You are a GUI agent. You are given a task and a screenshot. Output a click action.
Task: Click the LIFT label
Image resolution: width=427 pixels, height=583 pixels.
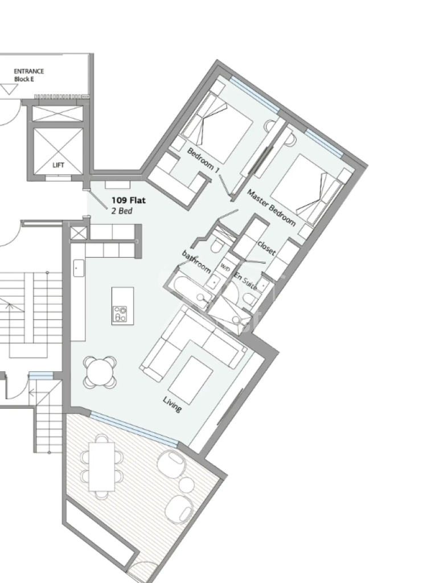coord(59,165)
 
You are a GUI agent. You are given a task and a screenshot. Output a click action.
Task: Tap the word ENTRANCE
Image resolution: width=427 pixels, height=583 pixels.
coord(29,71)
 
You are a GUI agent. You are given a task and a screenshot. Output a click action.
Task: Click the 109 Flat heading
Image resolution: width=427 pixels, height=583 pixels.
coord(129,200)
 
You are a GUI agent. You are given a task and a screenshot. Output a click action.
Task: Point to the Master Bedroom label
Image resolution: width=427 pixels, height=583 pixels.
coord(272,208)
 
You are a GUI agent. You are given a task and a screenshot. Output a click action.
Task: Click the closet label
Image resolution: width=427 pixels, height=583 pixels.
coord(266,248)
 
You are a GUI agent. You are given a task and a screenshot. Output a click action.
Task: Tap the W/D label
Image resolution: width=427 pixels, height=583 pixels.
coord(225,266)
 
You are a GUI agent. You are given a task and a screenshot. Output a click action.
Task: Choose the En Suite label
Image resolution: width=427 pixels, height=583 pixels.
coord(245,281)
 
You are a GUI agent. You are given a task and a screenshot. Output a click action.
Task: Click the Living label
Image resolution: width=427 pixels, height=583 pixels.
coord(173,405)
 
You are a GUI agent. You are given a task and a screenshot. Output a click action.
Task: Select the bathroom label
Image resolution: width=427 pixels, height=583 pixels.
coord(196,261)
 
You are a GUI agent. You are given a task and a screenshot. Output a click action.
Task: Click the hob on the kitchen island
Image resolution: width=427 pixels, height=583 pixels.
coord(120,314)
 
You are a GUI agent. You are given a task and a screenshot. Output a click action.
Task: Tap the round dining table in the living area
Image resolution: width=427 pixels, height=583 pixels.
coord(100,372)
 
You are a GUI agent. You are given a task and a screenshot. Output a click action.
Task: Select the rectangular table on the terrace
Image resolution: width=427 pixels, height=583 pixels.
coord(101,467)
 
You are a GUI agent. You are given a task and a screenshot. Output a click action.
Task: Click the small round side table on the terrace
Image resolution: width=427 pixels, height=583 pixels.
coord(186,485)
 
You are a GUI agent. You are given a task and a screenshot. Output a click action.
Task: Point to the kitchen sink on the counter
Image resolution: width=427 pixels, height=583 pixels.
coord(79,268)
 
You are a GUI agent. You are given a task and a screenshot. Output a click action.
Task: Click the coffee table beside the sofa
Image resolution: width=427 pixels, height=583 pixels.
coord(193,380)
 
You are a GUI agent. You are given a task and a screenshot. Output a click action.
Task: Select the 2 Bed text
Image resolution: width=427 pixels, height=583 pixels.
coord(122,211)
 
